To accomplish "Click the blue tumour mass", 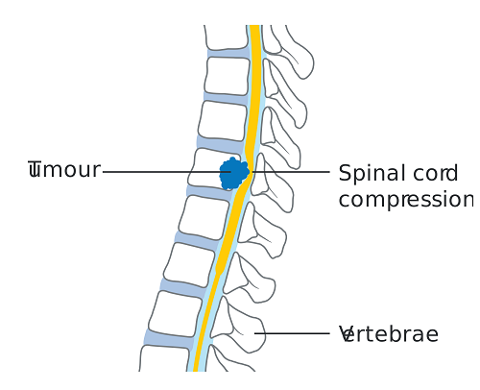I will click(x=233, y=174).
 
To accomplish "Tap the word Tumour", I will click(x=64, y=171).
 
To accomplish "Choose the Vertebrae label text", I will click(x=389, y=335).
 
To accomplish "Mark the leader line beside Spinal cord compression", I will click(x=293, y=172).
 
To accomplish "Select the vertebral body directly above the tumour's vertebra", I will click(x=222, y=121).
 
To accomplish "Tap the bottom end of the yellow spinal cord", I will click(x=197, y=366).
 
